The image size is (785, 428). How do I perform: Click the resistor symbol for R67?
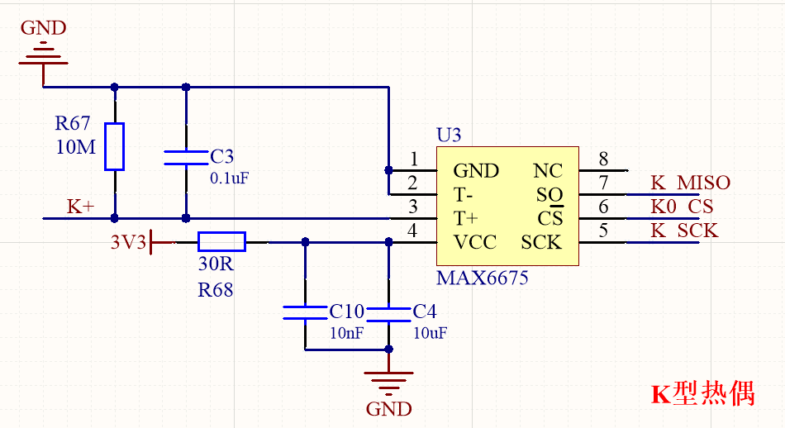[x=114, y=146]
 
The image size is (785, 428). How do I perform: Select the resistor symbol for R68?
[x=221, y=241]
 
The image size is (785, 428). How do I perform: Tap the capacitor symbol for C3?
[x=185, y=157]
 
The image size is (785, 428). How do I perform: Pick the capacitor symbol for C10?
[x=305, y=312]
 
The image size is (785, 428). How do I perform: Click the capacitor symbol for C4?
[x=388, y=312]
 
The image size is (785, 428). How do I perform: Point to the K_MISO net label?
[x=690, y=183]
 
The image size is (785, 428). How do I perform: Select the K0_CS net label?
[x=681, y=207]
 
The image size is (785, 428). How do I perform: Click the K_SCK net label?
[x=683, y=231]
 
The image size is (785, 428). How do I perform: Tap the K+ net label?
[x=81, y=207]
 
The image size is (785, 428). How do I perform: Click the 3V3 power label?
[x=129, y=242]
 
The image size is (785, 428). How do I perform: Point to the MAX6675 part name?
[x=483, y=278]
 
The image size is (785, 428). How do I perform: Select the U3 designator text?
[x=449, y=136]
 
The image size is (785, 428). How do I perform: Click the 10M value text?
[x=75, y=149]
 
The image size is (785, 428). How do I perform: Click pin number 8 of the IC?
[x=603, y=159]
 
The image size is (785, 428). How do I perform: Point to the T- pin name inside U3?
[x=464, y=195]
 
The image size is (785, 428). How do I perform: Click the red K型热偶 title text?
[x=703, y=393]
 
